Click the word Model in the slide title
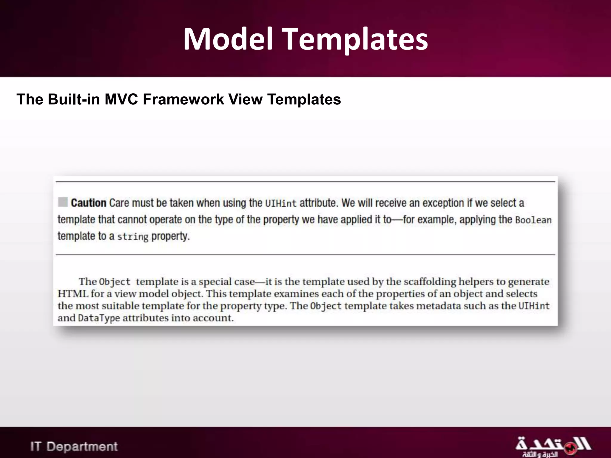(228, 39)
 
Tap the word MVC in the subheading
(121, 99)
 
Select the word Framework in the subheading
(183, 99)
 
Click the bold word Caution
(89, 203)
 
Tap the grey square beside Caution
(63, 202)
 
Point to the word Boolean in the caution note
(533, 220)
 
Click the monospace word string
(132, 237)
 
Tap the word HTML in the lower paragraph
(73, 294)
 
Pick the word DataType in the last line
(99, 318)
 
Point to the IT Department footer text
(74, 447)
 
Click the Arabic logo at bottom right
(553, 446)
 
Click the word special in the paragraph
(215, 282)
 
